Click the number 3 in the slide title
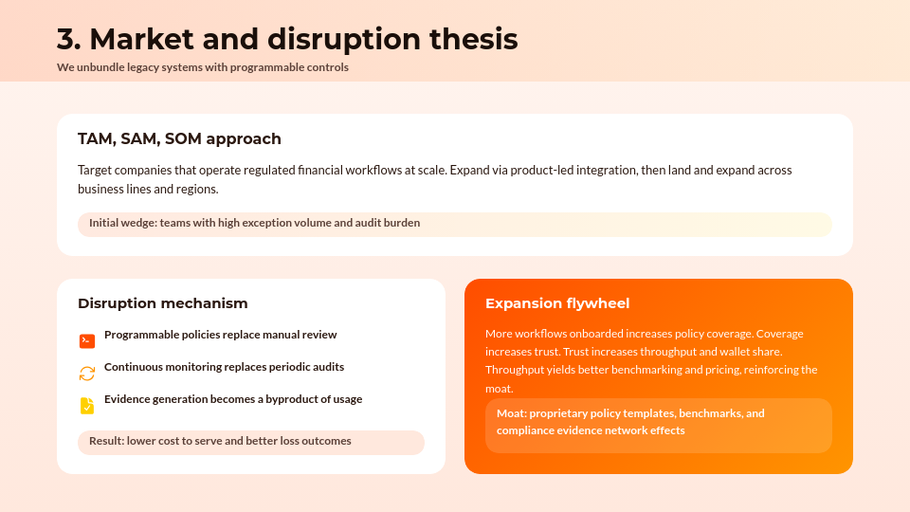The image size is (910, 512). (67, 40)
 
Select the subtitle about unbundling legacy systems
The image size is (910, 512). (202, 67)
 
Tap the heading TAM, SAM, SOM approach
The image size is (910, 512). (179, 139)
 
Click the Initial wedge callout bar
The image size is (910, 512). (454, 224)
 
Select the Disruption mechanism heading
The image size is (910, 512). (162, 303)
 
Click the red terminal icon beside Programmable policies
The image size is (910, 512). (87, 341)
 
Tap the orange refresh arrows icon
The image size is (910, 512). (87, 374)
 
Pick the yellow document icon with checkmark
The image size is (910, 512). (87, 406)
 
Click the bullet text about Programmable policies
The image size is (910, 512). (220, 335)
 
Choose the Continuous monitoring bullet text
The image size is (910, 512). (224, 367)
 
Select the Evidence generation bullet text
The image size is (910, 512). (233, 399)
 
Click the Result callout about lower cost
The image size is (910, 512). (251, 442)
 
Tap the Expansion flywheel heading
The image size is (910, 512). (557, 303)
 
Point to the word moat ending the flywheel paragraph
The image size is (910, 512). (500, 389)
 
